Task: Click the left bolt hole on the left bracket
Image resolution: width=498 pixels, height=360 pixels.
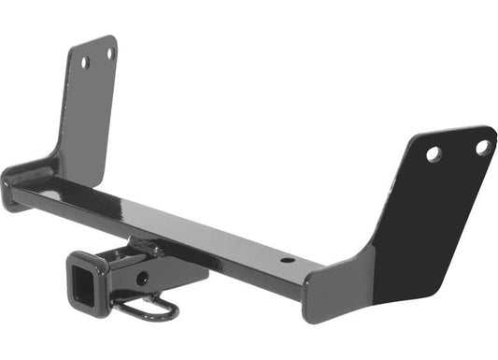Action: pyautogui.click(x=85, y=63)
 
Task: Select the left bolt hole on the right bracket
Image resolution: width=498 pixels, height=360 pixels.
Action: pyautogui.click(x=434, y=154)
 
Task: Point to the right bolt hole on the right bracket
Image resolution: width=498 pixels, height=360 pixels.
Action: pyautogui.click(x=482, y=147)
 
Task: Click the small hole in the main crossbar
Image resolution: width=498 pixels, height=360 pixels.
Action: pyautogui.click(x=287, y=260)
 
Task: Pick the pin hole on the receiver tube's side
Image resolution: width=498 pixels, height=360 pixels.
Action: pyautogui.click(x=141, y=278)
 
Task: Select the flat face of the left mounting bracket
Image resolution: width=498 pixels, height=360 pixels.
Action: pyautogui.click(x=89, y=103)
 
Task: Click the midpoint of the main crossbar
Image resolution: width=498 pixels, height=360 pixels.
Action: pyautogui.click(x=168, y=220)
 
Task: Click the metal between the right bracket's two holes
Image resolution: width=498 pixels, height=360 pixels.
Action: pyautogui.click(x=458, y=150)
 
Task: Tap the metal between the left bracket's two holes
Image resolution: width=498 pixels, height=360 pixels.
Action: pyautogui.click(x=97, y=58)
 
